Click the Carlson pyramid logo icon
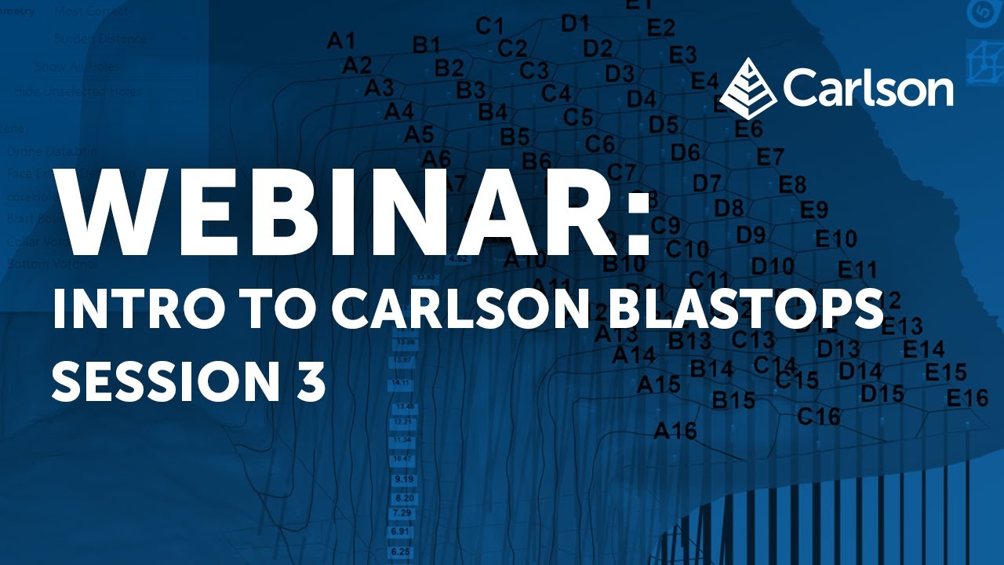point(748,88)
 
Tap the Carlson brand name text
point(868,87)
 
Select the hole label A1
point(341,41)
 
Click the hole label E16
point(967,399)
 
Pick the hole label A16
point(675,431)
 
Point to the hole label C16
point(818,416)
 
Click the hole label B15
point(733,400)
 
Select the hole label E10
point(836,239)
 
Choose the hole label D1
point(575,24)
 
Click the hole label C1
point(489,27)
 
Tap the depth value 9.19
point(405,479)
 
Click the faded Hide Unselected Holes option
point(78,92)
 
